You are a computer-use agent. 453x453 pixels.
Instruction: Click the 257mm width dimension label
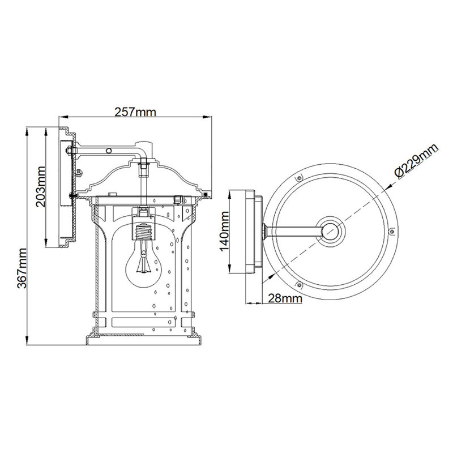[x=135, y=112]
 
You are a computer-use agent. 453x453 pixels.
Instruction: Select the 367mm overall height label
[x=22, y=268]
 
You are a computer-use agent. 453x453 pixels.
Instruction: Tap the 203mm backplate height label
[x=41, y=187]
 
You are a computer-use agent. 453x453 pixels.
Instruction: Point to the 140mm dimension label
[x=224, y=231]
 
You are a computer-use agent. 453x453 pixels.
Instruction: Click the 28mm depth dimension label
[x=285, y=298]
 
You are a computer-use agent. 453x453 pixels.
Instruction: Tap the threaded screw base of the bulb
[x=144, y=232]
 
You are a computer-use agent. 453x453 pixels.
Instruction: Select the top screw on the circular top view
[x=300, y=177]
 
